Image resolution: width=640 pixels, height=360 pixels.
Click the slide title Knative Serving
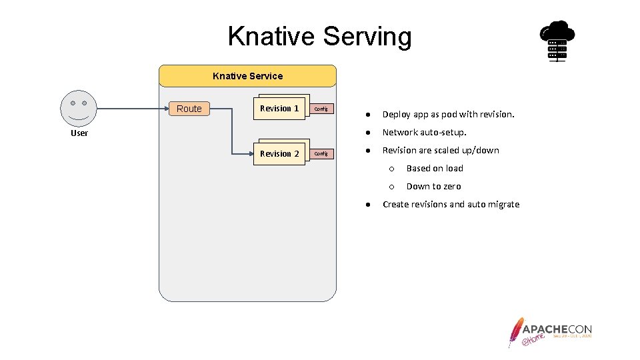[x=320, y=36]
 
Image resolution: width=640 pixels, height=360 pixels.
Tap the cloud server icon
[x=557, y=41]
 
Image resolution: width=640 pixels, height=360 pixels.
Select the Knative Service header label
[x=247, y=76]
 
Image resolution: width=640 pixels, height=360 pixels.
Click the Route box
[x=189, y=109]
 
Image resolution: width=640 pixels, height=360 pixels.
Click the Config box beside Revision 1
[x=321, y=109]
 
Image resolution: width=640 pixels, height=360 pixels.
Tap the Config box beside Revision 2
[x=321, y=153]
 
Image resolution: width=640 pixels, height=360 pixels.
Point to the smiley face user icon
[x=79, y=108]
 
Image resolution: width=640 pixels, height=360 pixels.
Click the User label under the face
[x=79, y=133]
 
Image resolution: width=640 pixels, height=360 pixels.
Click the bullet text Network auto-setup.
[x=424, y=132]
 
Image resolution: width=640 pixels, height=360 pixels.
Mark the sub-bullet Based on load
[x=435, y=168]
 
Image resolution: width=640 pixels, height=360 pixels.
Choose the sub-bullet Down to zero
[x=433, y=186]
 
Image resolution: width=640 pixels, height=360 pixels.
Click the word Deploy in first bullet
[x=396, y=114]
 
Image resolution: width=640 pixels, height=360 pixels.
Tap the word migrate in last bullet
[x=503, y=204]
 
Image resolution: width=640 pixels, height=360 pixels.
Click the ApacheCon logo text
[x=557, y=329]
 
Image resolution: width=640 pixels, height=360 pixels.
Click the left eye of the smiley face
[x=73, y=103]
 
